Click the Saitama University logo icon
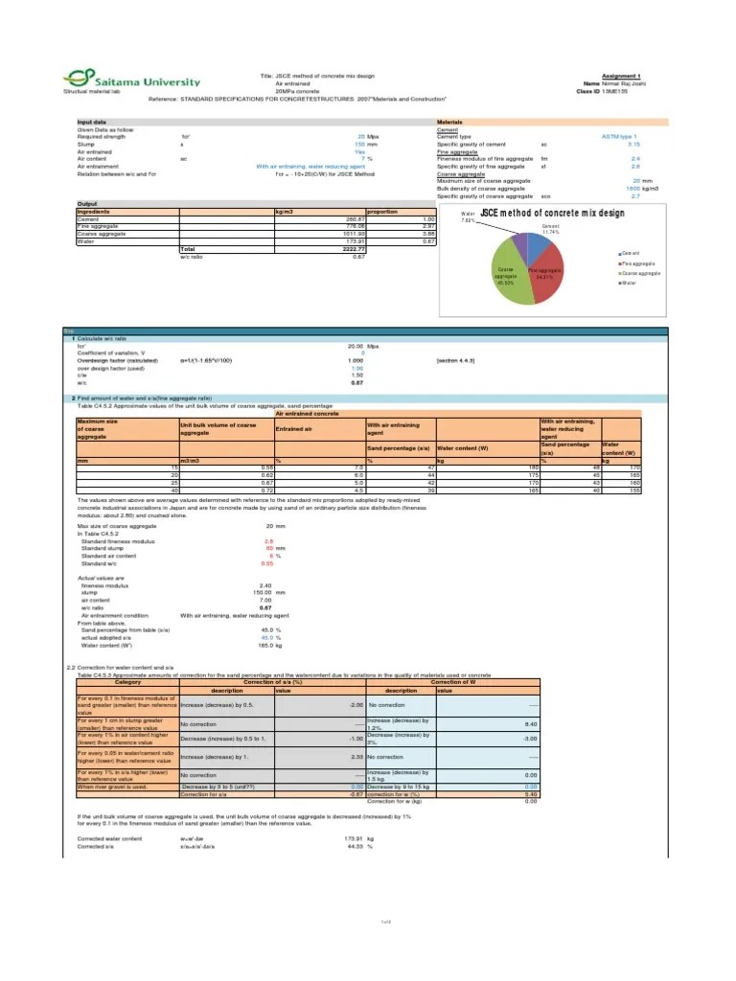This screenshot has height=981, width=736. coord(73,79)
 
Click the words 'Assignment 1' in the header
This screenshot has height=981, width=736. coord(621,75)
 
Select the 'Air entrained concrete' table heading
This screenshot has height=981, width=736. coord(307,413)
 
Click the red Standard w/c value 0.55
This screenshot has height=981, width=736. coord(268,563)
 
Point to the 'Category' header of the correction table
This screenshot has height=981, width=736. coord(127,681)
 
